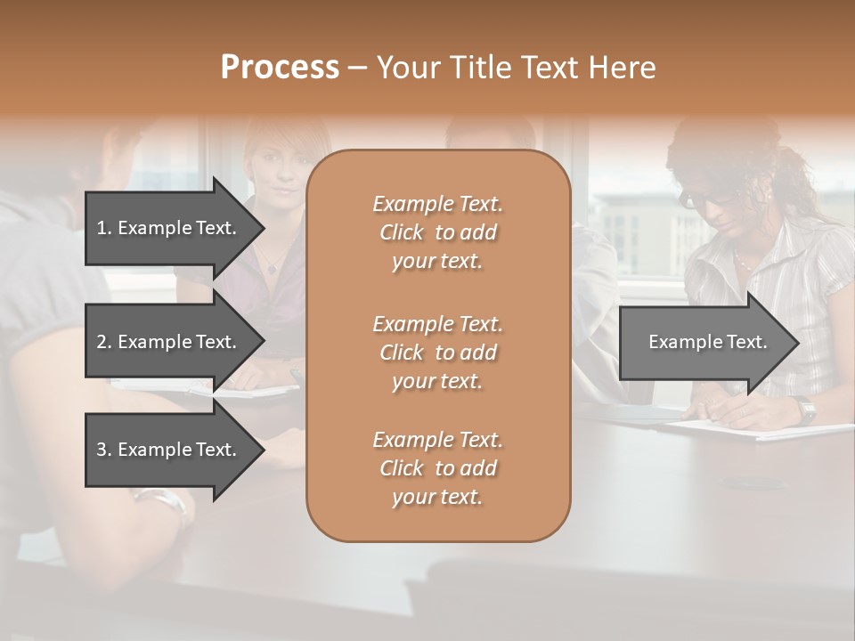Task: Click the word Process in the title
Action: pyautogui.click(x=280, y=68)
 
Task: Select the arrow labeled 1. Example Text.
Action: pyautogui.click(x=169, y=228)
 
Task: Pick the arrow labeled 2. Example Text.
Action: pyautogui.click(x=169, y=342)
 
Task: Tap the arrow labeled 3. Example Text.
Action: pyautogui.click(x=169, y=450)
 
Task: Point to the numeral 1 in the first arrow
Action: pyautogui.click(x=102, y=228)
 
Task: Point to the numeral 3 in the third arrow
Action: pyautogui.click(x=102, y=450)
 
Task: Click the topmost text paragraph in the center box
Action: pyautogui.click(x=437, y=232)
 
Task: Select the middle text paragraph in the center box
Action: pyautogui.click(x=437, y=352)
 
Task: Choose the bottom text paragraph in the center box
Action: pyautogui.click(x=437, y=468)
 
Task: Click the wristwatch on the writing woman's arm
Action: pyautogui.click(x=806, y=410)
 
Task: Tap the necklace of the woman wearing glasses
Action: pyautogui.click(x=743, y=259)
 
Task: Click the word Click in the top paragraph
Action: pyautogui.click(x=402, y=232)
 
